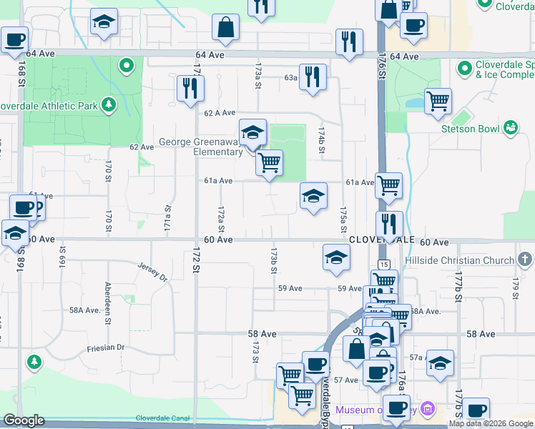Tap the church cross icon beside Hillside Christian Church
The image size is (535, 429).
coord(524,260)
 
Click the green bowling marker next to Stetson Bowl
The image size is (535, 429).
coord(510,128)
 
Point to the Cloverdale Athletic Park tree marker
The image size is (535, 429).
coord(109,106)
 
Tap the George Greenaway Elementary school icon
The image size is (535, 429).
coord(252,132)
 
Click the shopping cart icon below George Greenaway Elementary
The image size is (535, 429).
coord(270,162)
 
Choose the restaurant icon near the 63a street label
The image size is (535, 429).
coord(313,77)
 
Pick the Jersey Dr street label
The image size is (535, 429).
coord(154,270)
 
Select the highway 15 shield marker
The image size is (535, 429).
coord(384,265)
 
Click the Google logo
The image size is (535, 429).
coord(24,420)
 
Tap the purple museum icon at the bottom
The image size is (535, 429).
coord(428,410)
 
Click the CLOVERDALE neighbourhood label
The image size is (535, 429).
coord(372,240)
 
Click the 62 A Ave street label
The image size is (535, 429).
coord(220,113)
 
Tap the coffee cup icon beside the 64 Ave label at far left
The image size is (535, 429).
coord(15,40)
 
